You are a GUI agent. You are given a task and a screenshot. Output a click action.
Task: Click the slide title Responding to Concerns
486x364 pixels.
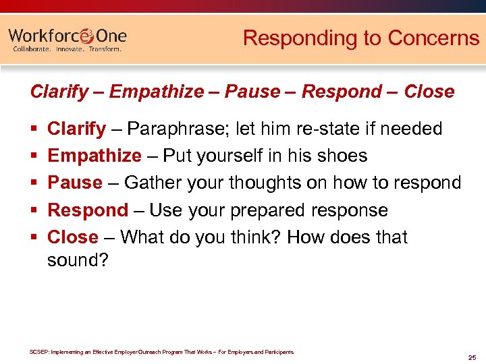point(360,38)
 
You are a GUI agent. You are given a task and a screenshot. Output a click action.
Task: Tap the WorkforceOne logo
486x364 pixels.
point(67,36)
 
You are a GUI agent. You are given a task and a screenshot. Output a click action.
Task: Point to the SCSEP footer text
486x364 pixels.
point(162,352)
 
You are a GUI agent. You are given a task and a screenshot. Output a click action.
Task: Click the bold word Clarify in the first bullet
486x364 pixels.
point(76,129)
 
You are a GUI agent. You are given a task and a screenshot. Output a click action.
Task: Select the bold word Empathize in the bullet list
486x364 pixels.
point(94,156)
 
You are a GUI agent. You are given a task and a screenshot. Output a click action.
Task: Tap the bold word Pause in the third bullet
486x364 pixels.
point(74,183)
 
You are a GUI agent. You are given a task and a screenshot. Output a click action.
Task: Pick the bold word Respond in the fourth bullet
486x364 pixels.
point(88,210)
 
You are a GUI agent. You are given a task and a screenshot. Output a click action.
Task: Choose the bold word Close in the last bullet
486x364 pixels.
point(73,237)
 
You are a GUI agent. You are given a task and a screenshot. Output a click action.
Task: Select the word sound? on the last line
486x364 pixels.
point(78,260)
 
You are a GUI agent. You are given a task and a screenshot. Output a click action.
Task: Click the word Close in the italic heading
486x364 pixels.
point(429,92)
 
